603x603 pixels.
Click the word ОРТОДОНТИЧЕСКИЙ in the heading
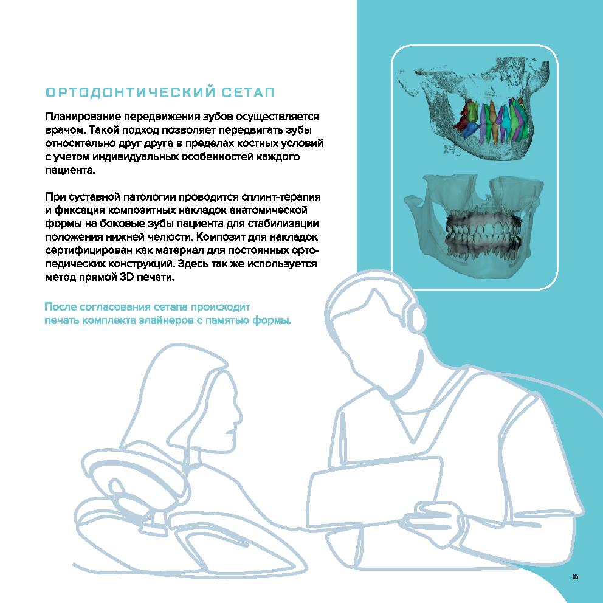tap(130, 92)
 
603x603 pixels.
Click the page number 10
tap(575, 577)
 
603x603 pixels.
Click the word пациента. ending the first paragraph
tap(70, 170)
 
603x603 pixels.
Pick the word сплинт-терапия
tap(281, 197)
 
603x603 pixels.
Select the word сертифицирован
tap(89, 250)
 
